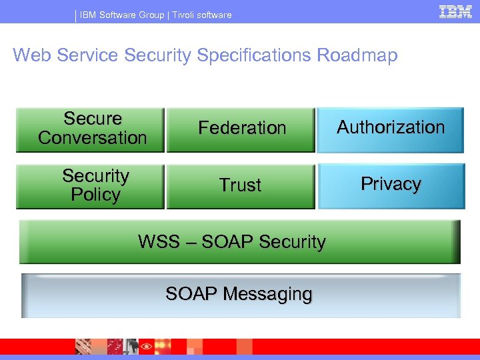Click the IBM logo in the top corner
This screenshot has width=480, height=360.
tap(455, 11)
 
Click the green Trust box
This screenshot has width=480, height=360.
tap(241, 186)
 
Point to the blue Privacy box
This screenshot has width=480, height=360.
tap(391, 186)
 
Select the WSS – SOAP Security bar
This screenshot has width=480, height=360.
tap(239, 242)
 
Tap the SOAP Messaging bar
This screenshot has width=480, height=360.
tap(241, 295)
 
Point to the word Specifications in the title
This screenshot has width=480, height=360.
tap(253, 55)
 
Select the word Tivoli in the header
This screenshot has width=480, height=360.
tap(185, 15)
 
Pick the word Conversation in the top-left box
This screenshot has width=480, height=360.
tap(92, 138)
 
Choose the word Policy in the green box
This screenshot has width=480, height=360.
tap(95, 195)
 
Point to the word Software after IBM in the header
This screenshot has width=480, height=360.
tap(116, 15)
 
